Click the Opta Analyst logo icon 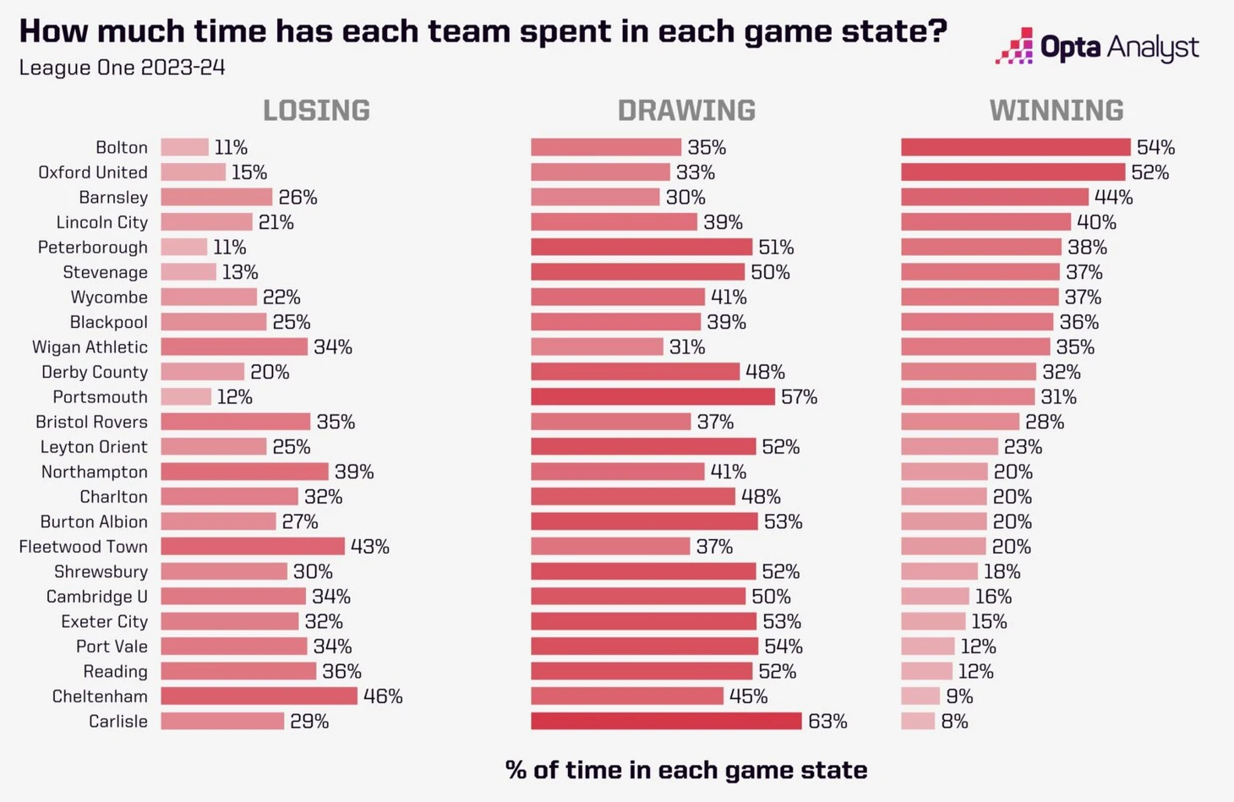point(1014,46)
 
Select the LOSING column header point(316,111)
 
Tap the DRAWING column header point(686,111)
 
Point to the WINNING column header point(1057,111)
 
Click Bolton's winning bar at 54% point(1015,147)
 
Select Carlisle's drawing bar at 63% point(666,721)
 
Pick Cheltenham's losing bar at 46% point(259,696)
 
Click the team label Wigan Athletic point(90,347)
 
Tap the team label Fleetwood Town point(83,547)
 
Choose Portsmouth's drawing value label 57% point(799,397)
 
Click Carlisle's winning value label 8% point(954,722)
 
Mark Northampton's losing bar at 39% point(244,472)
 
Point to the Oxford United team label point(93,172)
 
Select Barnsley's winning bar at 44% point(994,197)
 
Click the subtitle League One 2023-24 point(122,68)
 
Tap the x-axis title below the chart point(685,770)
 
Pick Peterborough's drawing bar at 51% point(641,247)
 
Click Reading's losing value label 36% point(341,672)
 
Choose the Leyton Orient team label point(94,447)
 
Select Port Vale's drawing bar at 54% point(644,647)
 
